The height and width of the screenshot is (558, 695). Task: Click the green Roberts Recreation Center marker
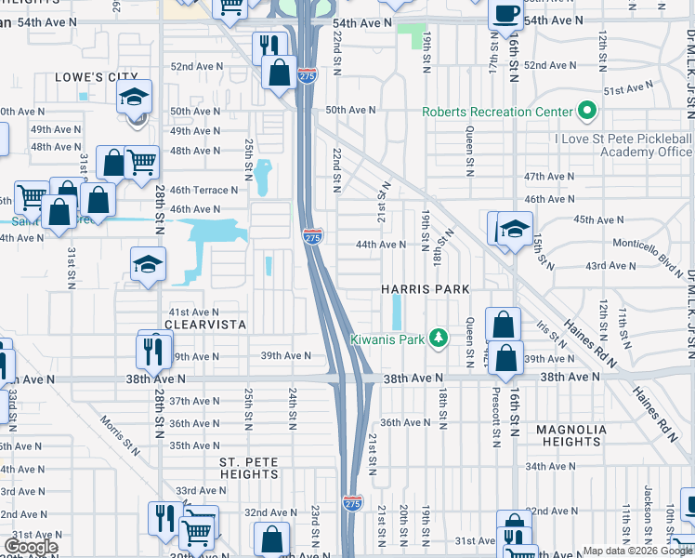coord(586,113)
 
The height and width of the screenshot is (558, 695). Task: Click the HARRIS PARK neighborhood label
coord(426,289)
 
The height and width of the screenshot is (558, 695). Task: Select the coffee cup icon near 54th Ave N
coord(505,14)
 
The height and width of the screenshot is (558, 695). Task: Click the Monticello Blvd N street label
coord(646,246)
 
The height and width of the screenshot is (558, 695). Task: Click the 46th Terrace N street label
coord(204,190)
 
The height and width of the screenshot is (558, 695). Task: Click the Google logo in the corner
coord(31,547)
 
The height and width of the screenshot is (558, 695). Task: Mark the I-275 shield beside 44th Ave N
coord(313,237)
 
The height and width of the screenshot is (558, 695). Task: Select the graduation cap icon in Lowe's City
coord(134,97)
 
